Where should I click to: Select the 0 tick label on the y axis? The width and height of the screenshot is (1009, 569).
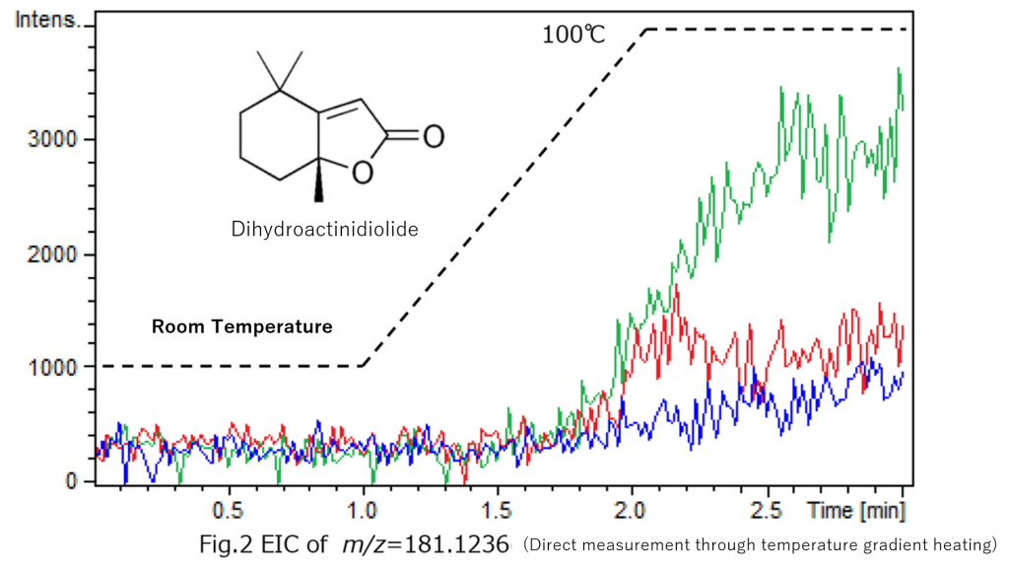[x=72, y=481]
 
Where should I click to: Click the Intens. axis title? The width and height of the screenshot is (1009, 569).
[x=46, y=21]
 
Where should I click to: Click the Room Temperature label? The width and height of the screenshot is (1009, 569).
[x=241, y=326]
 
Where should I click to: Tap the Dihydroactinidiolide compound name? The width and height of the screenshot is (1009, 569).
[x=325, y=230]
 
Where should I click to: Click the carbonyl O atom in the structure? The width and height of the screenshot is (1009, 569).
[x=433, y=135]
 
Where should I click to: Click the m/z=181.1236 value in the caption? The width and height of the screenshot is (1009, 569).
[x=426, y=544]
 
